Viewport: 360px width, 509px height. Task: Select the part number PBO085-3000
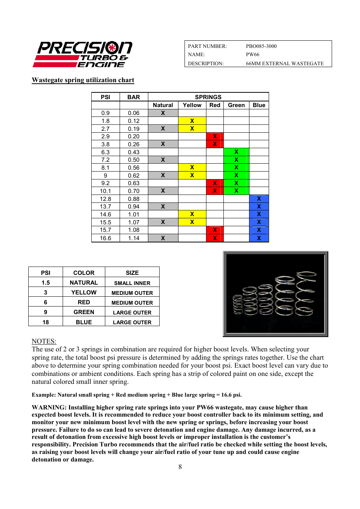(261, 46)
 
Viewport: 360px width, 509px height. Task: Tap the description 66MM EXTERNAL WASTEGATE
(285, 63)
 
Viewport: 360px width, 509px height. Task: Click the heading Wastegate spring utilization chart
(83, 80)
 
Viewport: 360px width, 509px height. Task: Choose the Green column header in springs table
(236, 105)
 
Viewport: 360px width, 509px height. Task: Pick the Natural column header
(163, 105)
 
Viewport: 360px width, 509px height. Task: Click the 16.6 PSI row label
(105, 238)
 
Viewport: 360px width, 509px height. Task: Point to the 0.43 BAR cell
(134, 152)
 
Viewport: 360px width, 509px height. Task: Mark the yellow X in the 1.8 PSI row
(192, 121)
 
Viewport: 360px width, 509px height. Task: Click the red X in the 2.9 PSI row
(214, 136)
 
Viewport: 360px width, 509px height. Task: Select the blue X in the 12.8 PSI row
(259, 199)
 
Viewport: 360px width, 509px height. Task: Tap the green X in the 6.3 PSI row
(236, 152)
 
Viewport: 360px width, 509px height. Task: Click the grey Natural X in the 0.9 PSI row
(163, 113)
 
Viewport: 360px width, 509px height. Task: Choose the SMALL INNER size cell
(132, 283)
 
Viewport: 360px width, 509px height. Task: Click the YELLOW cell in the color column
(84, 293)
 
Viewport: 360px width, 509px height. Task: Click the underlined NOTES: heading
(44, 341)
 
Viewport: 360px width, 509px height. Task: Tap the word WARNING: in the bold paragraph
(49, 408)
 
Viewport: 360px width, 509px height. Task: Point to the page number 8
(180, 467)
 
